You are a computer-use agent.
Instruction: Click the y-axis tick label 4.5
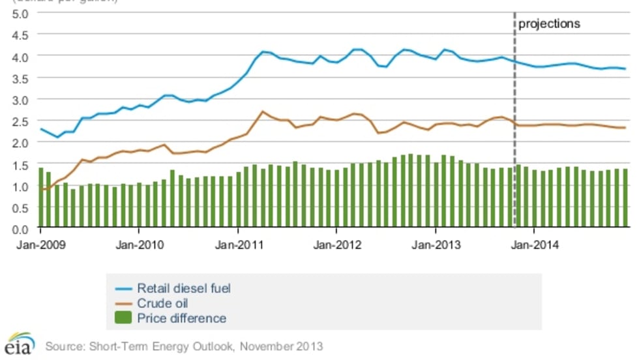tap(20, 35)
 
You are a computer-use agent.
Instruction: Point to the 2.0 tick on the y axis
tap(20, 143)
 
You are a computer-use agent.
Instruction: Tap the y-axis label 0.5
tap(20, 207)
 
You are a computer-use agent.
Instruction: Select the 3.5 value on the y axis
tap(20, 78)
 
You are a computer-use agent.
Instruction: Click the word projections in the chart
tap(549, 24)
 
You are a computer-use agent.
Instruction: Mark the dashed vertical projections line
tap(515, 130)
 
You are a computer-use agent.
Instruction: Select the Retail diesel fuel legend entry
tap(184, 288)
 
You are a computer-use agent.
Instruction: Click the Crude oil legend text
tap(162, 303)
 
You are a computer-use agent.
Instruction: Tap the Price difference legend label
tap(181, 319)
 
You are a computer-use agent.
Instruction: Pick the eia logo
tap(19, 345)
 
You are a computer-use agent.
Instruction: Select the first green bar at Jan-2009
tap(40, 198)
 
